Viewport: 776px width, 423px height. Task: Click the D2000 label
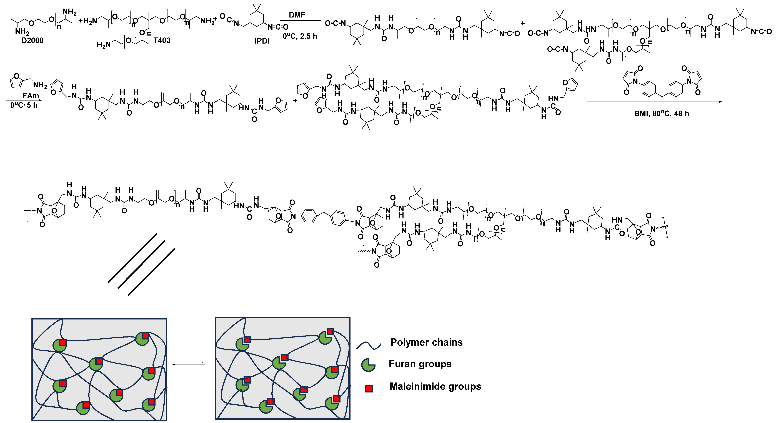tap(32, 40)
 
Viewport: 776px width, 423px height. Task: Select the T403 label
tap(162, 40)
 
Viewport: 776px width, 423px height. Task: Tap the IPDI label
tap(262, 41)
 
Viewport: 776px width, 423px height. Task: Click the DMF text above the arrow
tap(297, 15)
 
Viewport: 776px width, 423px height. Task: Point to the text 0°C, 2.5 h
tap(300, 36)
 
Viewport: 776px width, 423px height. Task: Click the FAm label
tap(31, 96)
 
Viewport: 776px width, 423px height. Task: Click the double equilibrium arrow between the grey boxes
tap(188, 364)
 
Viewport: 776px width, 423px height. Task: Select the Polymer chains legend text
tap(426, 342)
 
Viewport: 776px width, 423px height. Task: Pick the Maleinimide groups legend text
tap(435, 386)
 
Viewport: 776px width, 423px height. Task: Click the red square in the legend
tap(368, 389)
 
